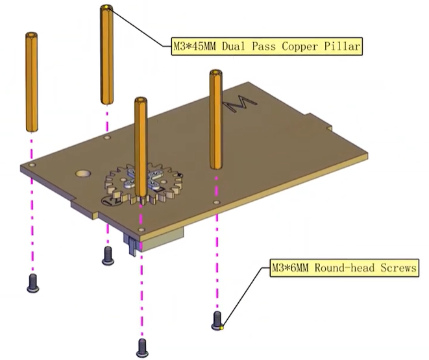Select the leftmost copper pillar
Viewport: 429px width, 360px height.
pos(30,81)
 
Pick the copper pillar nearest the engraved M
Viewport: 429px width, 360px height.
pos(216,120)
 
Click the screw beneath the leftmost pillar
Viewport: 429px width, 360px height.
pos(32,283)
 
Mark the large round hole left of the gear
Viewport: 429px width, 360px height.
pos(83,174)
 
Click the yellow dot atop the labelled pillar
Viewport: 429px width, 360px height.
pos(106,8)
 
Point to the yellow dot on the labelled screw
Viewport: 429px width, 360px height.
pos(221,328)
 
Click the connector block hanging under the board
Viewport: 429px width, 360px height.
pos(159,241)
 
